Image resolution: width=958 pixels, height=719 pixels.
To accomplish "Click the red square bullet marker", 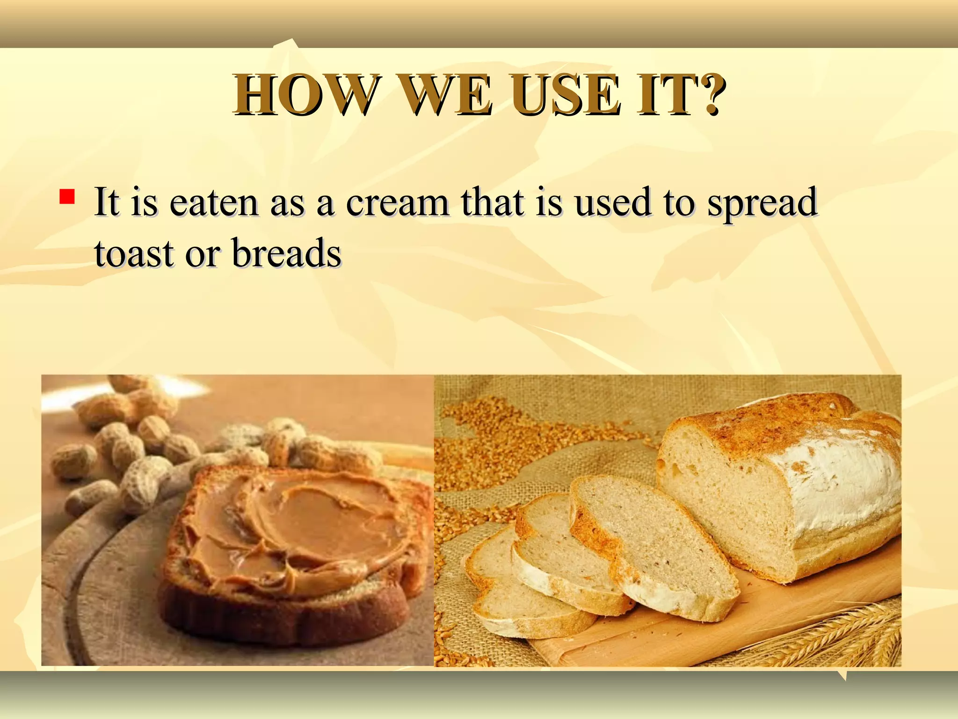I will (67, 197).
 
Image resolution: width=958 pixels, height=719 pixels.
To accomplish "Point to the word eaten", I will (214, 203).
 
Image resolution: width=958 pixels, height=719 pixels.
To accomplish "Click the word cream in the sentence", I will (398, 203).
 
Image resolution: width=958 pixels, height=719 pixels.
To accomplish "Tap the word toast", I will (134, 254).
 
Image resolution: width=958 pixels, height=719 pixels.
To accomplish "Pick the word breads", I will (286, 254).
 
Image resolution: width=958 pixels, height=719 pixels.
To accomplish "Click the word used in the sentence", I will (613, 203).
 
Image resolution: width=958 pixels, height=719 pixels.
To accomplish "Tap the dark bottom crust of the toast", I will (281, 618).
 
